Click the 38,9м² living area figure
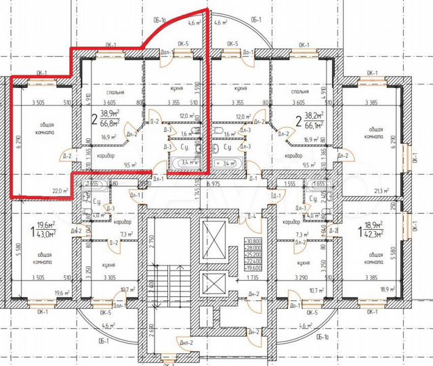pos(110,115)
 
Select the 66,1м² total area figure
pos(312,125)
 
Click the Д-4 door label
pos(251,217)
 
